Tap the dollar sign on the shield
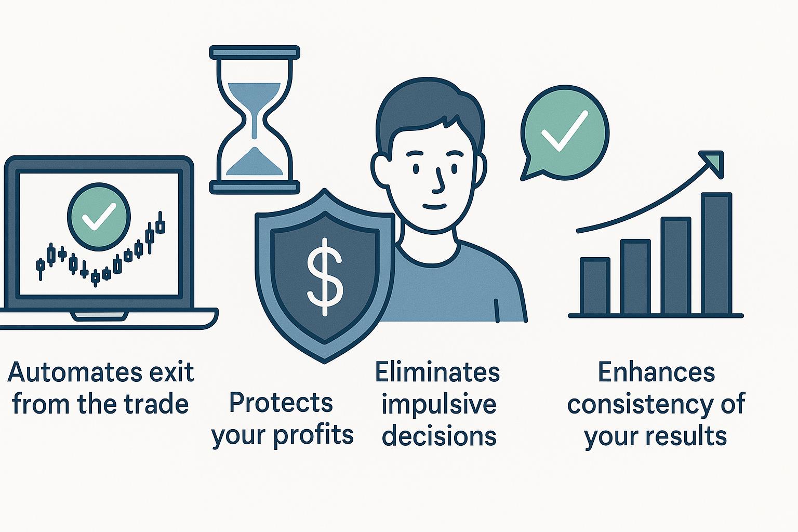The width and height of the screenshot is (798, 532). coord(325,277)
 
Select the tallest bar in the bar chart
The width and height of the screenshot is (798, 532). coord(716,254)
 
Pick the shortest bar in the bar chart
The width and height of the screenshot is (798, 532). coord(595,286)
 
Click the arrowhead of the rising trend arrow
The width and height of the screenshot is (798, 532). coord(712,163)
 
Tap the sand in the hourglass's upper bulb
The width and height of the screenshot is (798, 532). coord(254,103)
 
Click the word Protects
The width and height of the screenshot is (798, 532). coord(281,403)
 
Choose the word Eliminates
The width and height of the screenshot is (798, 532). coord(437,372)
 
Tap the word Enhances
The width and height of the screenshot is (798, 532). coord(656,372)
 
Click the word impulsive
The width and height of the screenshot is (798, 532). coord(438,404)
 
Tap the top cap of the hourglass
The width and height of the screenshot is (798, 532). coord(255,52)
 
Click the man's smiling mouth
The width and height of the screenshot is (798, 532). coord(434,206)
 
